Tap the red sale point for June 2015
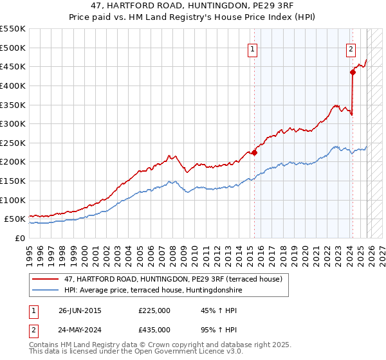(x=254, y=152)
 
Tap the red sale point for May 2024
(x=353, y=73)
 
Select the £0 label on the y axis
(x=20, y=238)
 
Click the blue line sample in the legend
(x=46, y=290)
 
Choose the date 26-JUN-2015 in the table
(x=80, y=310)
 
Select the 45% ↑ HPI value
(x=210, y=310)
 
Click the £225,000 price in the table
(x=154, y=310)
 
